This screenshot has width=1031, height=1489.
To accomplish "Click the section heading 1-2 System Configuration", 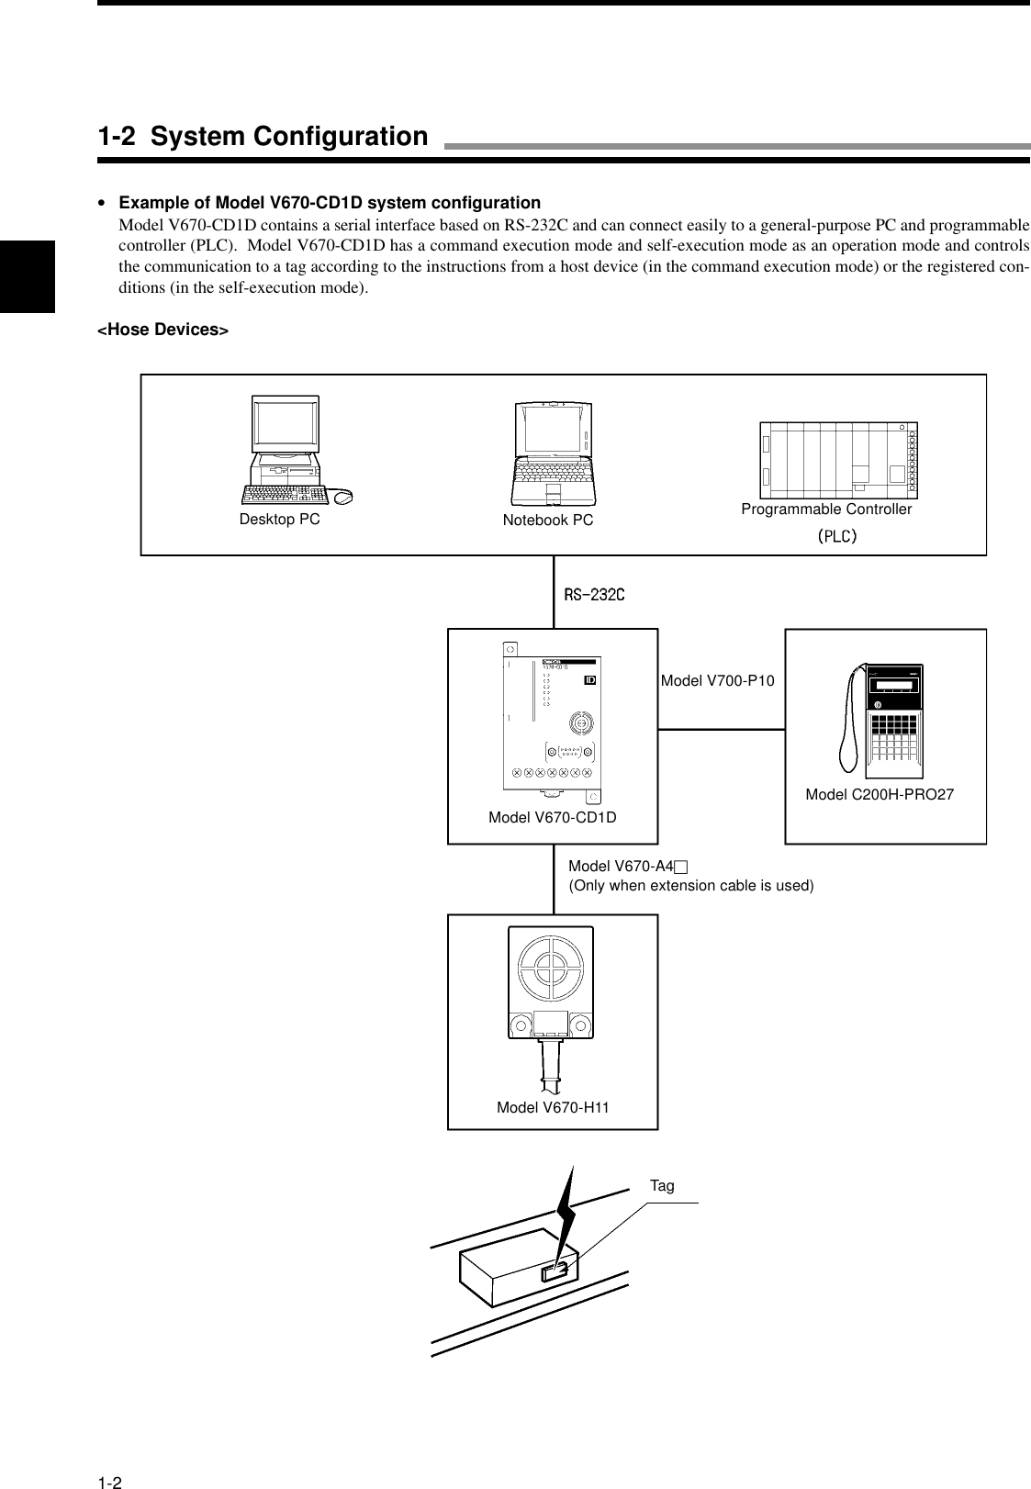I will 263,137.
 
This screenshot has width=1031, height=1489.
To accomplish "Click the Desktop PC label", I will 279,519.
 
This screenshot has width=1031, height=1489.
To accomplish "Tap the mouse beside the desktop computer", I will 343,497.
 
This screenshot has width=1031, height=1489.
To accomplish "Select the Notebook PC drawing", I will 554,453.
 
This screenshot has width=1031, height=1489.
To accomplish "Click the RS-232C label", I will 594,595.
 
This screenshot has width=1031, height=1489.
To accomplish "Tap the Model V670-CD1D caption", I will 552,817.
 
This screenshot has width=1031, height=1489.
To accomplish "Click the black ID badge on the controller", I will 590,680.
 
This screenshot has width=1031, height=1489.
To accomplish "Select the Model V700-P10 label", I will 717,680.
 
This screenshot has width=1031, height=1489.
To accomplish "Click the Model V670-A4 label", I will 628,867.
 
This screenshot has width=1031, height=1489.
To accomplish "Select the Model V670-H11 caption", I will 553,1107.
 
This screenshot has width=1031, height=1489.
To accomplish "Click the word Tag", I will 661,1186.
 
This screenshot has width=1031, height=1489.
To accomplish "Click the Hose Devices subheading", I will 162,330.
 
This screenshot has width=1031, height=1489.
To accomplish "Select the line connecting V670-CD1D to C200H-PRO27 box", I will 721,729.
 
